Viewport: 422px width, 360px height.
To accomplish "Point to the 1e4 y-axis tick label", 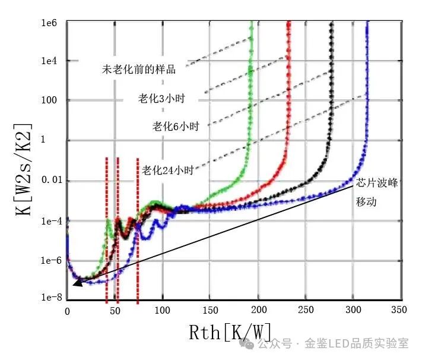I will tap(49, 61).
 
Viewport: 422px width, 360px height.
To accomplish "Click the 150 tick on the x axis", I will tap(210, 310).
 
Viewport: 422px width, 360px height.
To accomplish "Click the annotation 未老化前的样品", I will tap(138, 70).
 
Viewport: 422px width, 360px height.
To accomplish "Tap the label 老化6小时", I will tap(175, 127).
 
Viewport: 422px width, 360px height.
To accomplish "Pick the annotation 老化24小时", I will tap(168, 170).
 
